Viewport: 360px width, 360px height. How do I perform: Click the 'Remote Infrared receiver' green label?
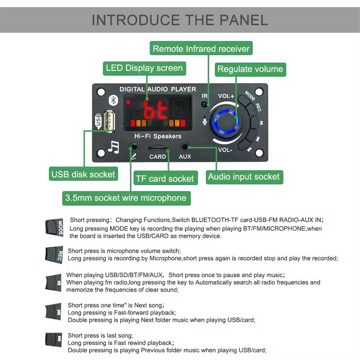click(x=201, y=49)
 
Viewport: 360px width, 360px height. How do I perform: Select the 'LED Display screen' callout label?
click(x=144, y=68)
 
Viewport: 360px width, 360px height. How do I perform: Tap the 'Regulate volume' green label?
click(x=250, y=69)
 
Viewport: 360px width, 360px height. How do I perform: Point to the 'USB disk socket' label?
click(x=83, y=174)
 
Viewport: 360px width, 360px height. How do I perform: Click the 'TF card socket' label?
click(x=165, y=179)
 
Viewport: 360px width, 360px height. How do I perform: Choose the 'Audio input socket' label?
click(x=244, y=177)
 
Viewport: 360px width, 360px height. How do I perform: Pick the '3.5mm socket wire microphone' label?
click(x=126, y=198)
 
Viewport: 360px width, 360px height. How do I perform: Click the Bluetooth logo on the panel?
click(x=113, y=100)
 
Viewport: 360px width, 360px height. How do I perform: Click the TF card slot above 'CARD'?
click(x=158, y=148)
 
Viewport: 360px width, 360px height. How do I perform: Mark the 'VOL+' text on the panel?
click(x=226, y=96)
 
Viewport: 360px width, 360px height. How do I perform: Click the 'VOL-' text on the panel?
click(x=226, y=150)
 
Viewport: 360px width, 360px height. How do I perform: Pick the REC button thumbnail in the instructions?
click(x=54, y=255)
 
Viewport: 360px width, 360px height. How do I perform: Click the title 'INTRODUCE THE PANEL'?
click(x=180, y=20)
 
